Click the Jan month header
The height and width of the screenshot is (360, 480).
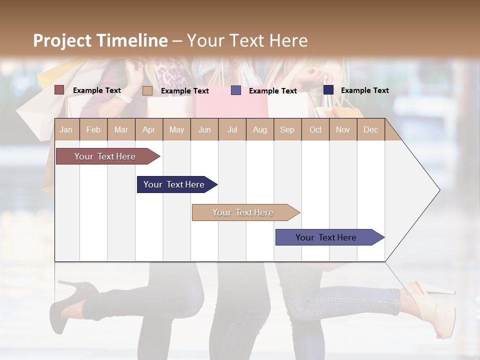click(x=66, y=129)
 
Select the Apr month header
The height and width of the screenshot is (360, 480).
click(x=149, y=129)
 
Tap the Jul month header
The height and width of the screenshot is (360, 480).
click(x=232, y=129)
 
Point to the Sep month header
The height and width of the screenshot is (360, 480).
click(x=287, y=129)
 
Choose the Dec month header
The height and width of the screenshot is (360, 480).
click(x=370, y=129)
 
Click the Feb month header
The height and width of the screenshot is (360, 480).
click(x=93, y=129)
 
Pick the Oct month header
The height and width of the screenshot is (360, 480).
click(x=315, y=129)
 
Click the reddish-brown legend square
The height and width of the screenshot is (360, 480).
click(x=59, y=90)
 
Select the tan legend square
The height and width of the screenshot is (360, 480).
click(x=147, y=90)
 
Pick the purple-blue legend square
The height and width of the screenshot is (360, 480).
click(x=236, y=90)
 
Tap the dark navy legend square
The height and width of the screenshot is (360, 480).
click(x=328, y=90)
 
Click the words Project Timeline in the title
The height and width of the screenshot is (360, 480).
click(x=100, y=40)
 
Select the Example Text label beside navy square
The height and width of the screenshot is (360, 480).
click(x=364, y=90)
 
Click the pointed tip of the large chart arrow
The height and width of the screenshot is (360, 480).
click(x=438, y=190)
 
